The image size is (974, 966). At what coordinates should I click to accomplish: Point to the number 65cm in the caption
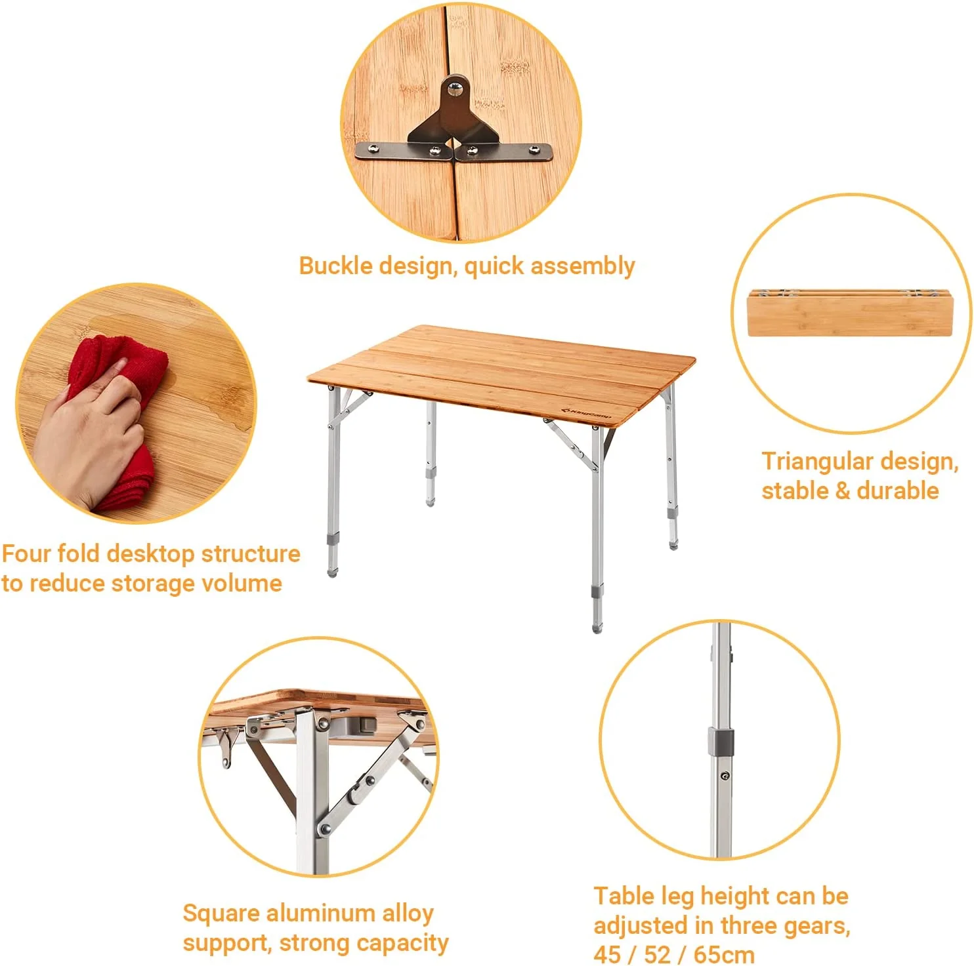724,954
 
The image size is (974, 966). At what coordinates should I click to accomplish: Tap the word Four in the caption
26,554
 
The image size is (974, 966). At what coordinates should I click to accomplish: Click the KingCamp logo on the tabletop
586,414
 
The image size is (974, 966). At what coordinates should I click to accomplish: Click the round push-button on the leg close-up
724,776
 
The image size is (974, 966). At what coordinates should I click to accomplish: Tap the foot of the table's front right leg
597,626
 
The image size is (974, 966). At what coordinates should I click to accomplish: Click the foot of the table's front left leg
332,572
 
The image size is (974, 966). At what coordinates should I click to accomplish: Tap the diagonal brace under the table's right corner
571,445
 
